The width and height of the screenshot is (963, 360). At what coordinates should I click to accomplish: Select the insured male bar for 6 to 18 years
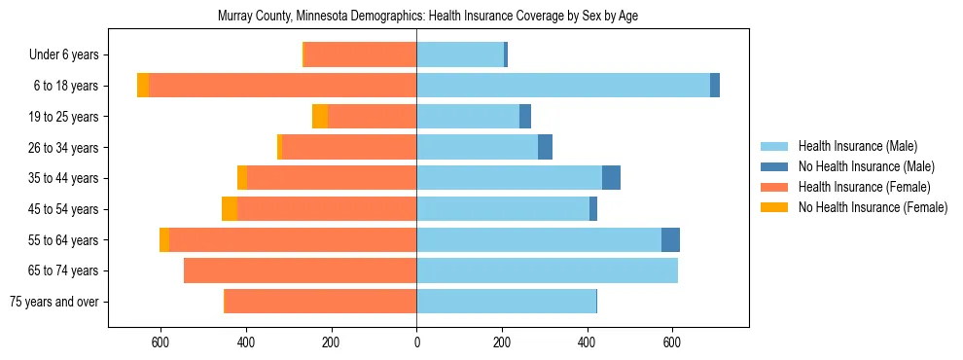click(x=563, y=86)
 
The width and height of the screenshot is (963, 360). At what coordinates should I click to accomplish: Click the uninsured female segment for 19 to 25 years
click(x=320, y=117)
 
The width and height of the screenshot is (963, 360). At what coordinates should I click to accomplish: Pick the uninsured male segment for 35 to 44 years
click(x=611, y=178)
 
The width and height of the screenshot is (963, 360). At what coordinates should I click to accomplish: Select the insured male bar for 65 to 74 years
click(x=547, y=270)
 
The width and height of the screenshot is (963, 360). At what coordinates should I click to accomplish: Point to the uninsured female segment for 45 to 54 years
click(x=230, y=209)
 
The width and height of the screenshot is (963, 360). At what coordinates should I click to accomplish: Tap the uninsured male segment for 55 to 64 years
click(x=670, y=240)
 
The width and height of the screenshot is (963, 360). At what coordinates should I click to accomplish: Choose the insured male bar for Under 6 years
click(x=460, y=55)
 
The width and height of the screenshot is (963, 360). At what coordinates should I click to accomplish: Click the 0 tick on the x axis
click(x=416, y=342)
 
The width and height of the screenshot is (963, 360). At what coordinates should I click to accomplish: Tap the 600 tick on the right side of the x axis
click(x=671, y=342)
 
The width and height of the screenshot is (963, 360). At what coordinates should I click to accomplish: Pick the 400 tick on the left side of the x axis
click(x=246, y=342)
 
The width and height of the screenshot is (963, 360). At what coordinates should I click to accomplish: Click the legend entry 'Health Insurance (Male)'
click(x=857, y=146)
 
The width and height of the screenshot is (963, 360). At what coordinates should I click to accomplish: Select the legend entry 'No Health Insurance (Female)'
click(x=873, y=207)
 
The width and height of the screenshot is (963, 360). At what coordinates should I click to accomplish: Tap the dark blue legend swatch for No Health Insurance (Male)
click(x=774, y=166)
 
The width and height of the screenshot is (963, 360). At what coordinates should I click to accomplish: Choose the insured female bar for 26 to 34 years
click(x=363, y=148)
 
